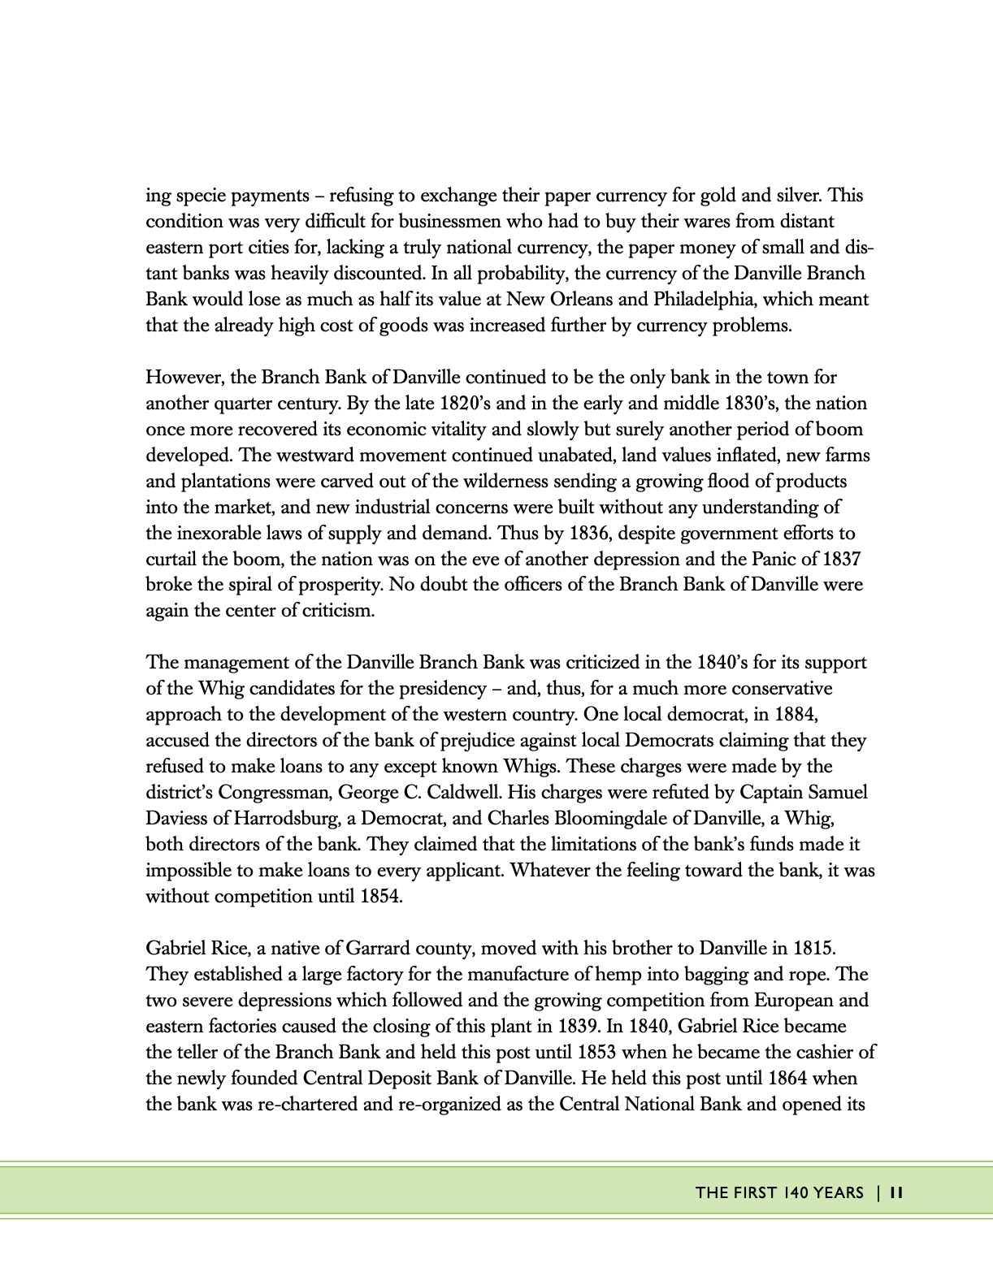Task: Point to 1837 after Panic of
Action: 841,560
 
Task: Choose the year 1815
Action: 810,949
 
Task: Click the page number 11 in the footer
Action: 897,1193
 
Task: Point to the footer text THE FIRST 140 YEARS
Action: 779,1193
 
